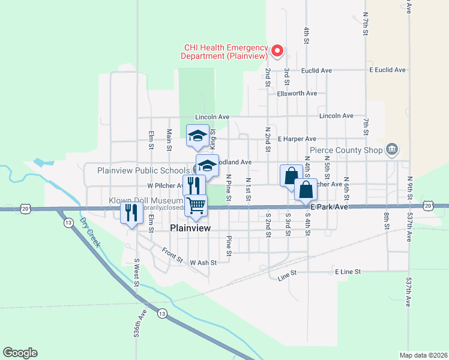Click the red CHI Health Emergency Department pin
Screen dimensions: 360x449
[277, 51]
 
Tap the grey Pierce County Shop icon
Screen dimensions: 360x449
[392, 148]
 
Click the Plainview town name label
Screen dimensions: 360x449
[190, 228]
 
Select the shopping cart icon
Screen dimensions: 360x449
[196, 206]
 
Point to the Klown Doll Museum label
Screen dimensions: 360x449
[146, 200]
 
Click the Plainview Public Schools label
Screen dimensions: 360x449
[143, 170]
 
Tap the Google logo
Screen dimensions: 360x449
[20, 353]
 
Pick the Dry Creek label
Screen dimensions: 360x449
[91, 232]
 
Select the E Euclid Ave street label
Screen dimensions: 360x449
[387, 70]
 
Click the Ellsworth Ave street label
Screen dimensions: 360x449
[297, 94]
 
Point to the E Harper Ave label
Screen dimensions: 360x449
[297, 139]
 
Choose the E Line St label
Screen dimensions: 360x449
[348, 272]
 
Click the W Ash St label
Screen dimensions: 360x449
[202, 262]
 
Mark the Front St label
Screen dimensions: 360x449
[172, 254]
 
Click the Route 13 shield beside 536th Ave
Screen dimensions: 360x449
[161, 313]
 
